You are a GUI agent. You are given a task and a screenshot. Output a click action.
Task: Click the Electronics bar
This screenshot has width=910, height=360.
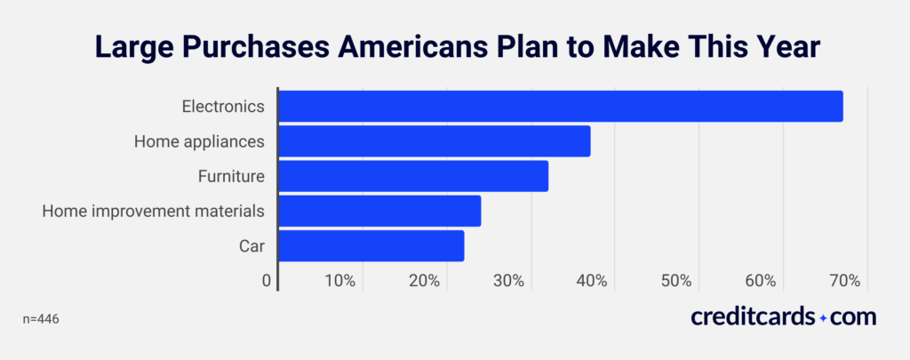560,107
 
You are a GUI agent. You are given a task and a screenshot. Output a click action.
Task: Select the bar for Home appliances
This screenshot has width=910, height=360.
434,141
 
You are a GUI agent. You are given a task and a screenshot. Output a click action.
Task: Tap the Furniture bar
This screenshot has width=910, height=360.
412,176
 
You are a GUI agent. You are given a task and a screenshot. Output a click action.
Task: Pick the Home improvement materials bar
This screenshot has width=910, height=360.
379,211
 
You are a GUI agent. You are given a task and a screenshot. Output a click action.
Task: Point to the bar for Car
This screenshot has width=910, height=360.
371,245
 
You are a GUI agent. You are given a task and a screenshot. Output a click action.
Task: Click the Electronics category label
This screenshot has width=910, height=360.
223,107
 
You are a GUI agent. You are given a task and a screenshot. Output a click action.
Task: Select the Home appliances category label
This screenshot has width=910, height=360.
199,141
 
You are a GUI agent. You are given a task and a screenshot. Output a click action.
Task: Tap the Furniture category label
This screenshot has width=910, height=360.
231,176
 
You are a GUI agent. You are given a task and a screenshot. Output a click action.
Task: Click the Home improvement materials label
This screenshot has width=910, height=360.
154,211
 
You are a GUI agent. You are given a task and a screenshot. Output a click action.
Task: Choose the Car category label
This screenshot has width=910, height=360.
251,245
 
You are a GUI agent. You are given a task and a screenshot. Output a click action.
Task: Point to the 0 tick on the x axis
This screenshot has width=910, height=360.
267,281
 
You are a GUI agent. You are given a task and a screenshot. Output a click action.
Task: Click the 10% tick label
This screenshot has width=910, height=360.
340,281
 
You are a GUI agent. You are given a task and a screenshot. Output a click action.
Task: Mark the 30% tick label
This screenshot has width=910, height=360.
508,281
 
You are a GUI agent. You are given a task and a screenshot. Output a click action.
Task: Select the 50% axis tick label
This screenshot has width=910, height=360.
676,281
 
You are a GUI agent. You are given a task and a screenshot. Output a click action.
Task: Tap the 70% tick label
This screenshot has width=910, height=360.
844,281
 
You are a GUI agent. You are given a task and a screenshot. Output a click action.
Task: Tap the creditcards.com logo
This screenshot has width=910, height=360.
783,316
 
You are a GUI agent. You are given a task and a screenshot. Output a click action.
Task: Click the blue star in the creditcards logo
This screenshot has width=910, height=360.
823,317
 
